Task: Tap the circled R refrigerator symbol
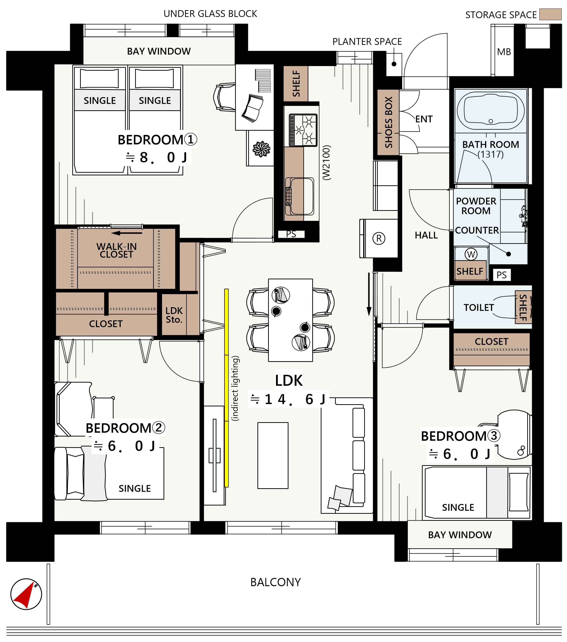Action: pos(379,238)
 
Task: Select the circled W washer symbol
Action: pos(471,254)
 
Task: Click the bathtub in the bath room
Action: pos(490,111)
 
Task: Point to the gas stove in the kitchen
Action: pos(303,130)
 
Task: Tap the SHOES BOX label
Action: pos(388,122)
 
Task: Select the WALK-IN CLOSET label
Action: pos(116,250)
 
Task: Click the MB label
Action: pos(504,52)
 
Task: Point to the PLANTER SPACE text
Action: pos(367,42)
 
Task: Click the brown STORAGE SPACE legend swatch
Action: pos(550,14)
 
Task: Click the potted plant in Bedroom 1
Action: pos(261,149)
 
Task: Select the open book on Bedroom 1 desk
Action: pos(253,108)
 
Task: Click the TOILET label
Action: pos(479,308)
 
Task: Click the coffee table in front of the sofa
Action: pos(273,455)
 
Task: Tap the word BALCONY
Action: pos(276,582)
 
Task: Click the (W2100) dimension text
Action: pos(327,163)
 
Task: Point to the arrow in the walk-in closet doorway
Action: pos(127,233)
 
